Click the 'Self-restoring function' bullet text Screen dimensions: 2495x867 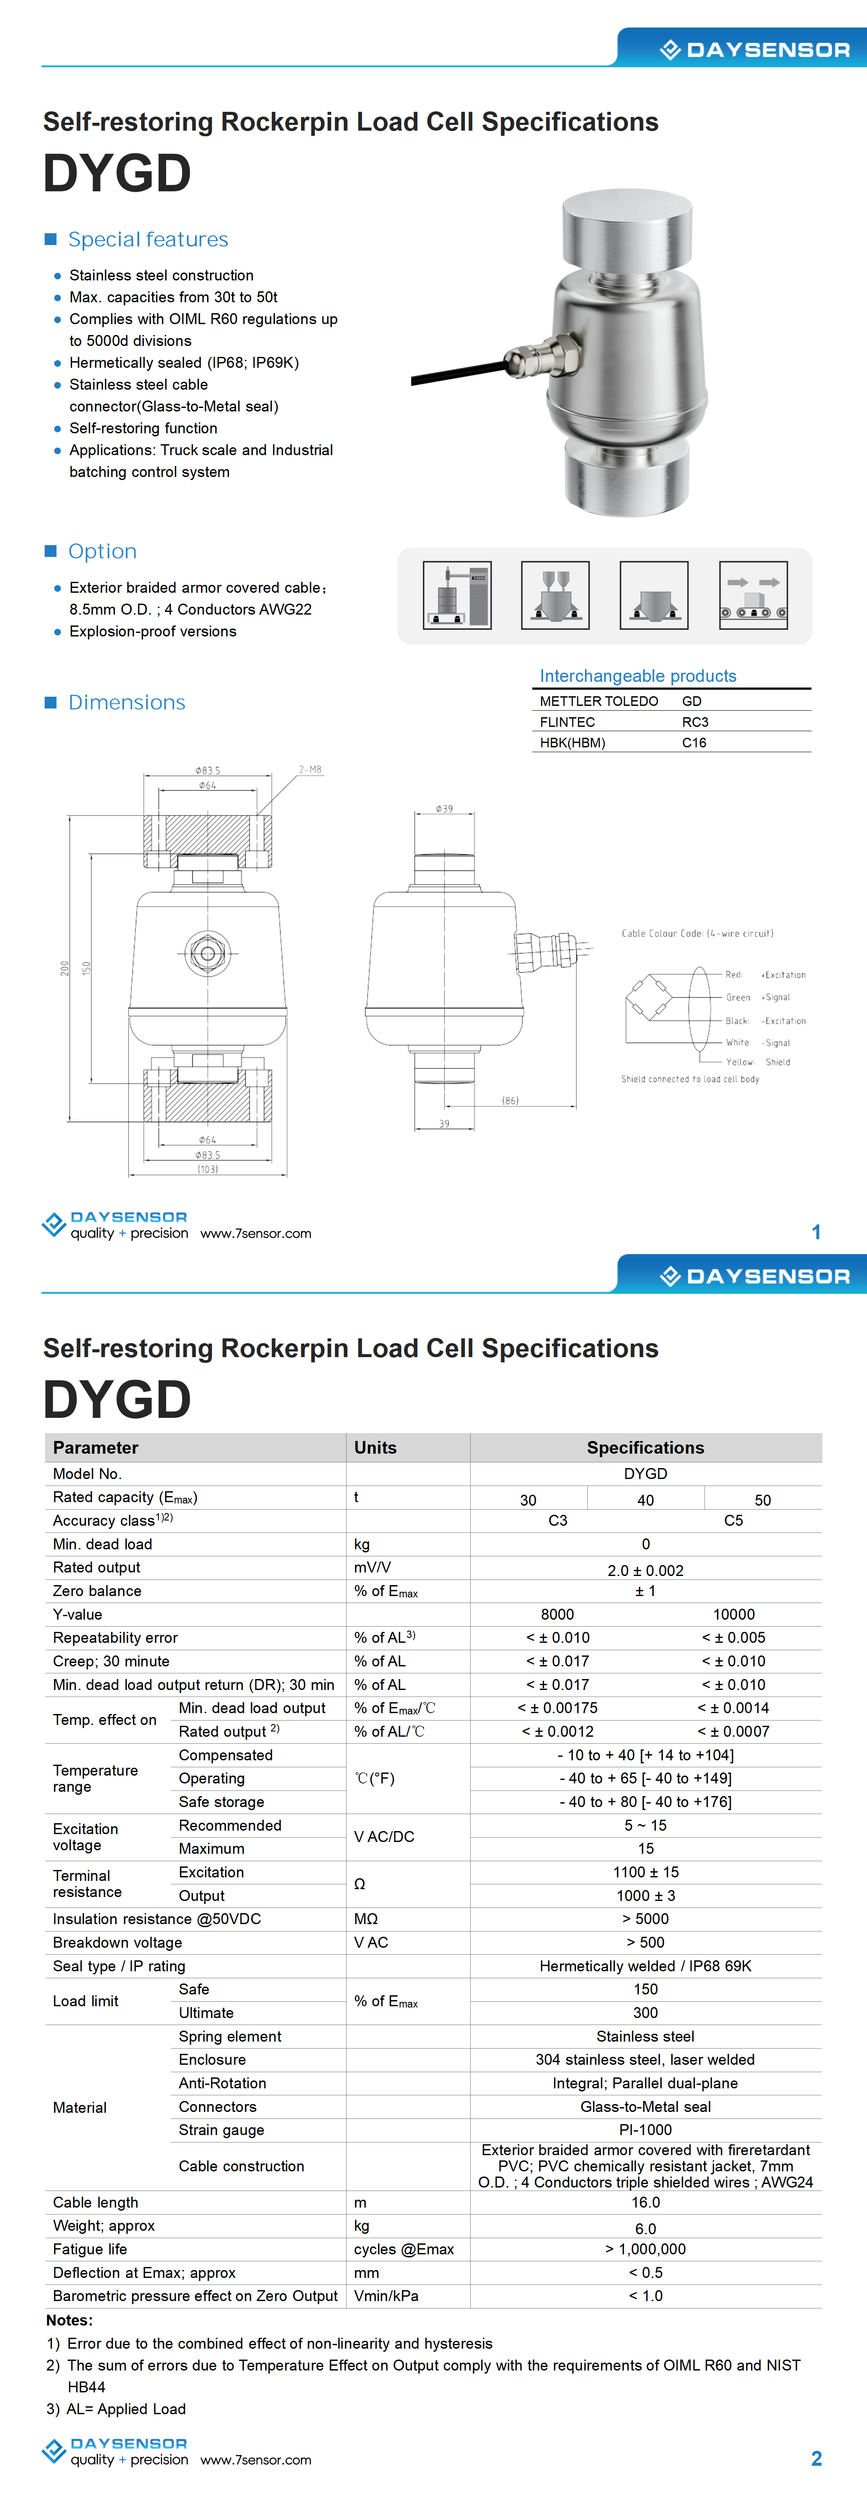point(143,428)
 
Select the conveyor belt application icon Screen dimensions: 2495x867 point(753,596)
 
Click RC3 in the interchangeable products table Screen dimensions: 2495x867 point(694,722)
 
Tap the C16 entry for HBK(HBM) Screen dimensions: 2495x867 point(694,743)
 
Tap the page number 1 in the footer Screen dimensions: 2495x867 point(816,1232)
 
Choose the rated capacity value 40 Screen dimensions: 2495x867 point(645,1500)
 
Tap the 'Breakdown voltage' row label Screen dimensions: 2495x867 point(117,1942)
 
